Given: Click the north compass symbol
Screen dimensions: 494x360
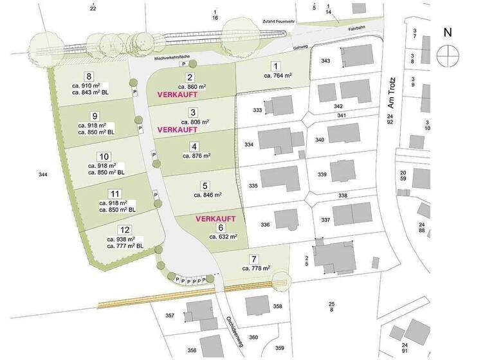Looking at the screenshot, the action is pyautogui.click(x=447, y=55).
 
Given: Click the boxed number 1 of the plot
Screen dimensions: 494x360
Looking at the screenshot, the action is pyautogui.click(x=276, y=66).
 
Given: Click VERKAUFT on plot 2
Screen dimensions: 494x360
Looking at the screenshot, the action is pyautogui.click(x=177, y=94).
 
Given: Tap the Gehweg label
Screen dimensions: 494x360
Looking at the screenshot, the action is pyautogui.click(x=297, y=46).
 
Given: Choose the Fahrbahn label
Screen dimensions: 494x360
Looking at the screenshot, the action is pyautogui.click(x=348, y=28).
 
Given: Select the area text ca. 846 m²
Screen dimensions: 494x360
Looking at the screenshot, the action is pyautogui.click(x=205, y=194).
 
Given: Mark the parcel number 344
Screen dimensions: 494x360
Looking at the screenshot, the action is pyautogui.click(x=43, y=174).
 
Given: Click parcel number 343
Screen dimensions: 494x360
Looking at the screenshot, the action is pyautogui.click(x=325, y=60).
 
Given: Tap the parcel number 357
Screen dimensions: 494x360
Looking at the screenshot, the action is pyautogui.click(x=170, y=315).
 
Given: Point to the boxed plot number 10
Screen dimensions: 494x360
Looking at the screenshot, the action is pyautogui.click(x=104, y=157).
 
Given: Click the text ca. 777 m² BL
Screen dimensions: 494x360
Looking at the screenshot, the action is pyautogui.click(x=125, y=246).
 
